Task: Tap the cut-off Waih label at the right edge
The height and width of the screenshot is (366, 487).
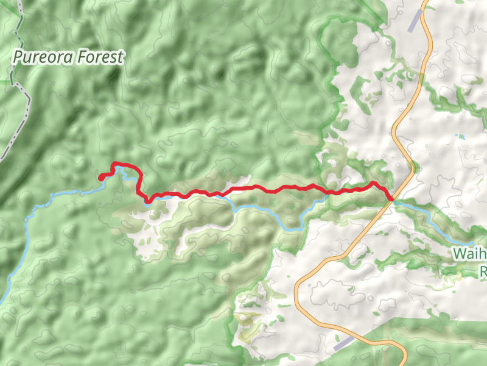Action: pyautogui.click(x=469, y=254)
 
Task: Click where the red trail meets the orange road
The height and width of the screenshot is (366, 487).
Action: pyautogui.click(x=390, y=198)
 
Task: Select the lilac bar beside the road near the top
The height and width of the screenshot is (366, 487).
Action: pyautogui.click(x=416, y=21)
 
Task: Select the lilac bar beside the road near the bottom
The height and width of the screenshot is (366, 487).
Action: pyautogui.click(x=343, y=343)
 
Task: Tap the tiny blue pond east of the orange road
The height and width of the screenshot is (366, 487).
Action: pyautogui.click(x=460, y=136)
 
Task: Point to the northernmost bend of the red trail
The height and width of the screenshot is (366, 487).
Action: pyautogui.click(x=116, y=163)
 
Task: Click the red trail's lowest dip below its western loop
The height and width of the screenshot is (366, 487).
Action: pyautogui.click(x=148, y=201)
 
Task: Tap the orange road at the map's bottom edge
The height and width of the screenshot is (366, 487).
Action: pyautogui.click(x=404, y=364)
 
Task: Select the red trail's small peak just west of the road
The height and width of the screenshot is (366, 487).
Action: pyautogui.click(x=374, y=182)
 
